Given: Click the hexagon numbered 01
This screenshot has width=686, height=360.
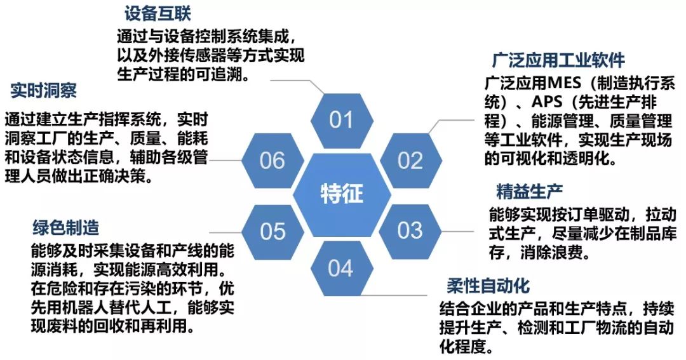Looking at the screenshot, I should [x=340, y=120].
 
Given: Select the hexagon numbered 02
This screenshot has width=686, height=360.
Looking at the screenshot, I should [x=410, y=160].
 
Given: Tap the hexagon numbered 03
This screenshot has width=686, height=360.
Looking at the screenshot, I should [x=410, y=230].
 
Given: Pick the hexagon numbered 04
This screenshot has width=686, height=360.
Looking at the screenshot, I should [x=340, y=268].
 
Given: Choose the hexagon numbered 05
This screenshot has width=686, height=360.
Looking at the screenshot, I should [x=272, y=230].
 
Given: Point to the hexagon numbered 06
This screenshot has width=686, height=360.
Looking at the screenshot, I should [x=272, y=160].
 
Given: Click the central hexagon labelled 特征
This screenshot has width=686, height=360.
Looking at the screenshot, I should [x=341, y=194].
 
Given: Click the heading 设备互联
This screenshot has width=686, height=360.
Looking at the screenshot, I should [x=158, y=13].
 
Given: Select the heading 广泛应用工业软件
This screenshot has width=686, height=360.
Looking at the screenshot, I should [x=558, y=60].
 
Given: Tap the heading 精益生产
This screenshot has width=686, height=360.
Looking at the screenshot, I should [x=529, y=191].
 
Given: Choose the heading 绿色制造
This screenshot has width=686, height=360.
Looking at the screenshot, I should [x=66, y=227].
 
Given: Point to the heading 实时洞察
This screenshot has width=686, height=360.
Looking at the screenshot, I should [x=44, y=91].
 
